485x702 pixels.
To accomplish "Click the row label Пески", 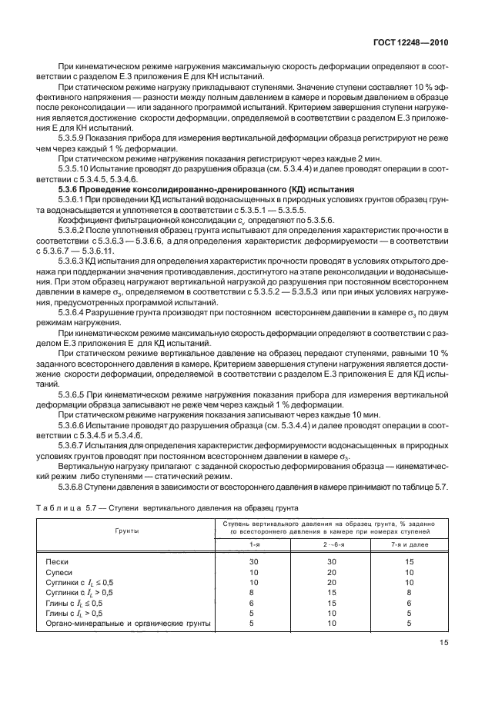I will click(x=59, y=563).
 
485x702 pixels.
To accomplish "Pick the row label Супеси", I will click(x=60, y=573).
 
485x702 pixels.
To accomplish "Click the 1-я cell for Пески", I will click(x=254, y=563).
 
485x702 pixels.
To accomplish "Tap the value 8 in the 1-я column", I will click(x=254, y=593).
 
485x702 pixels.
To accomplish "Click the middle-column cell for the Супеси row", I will click(x=330, y=573).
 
